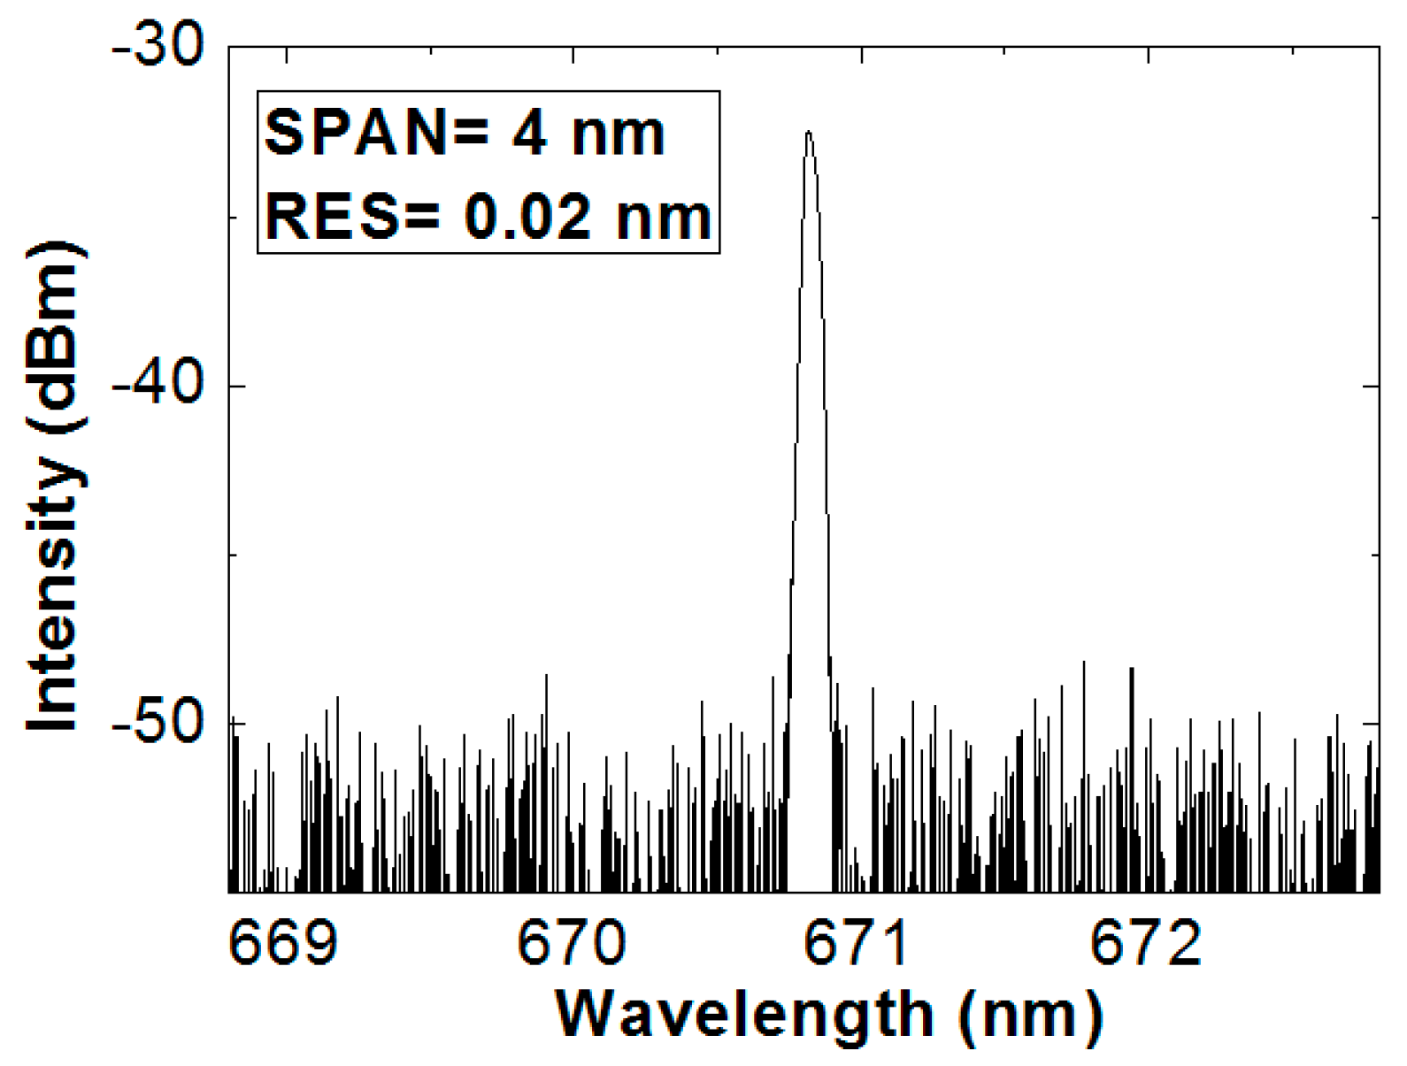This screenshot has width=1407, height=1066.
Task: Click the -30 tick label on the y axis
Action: (158, 44)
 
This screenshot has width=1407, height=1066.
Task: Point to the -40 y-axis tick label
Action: (158, 386)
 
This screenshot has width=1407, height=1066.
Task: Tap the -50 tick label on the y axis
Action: (158, 723)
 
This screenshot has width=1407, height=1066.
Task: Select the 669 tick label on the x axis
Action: (283, 943)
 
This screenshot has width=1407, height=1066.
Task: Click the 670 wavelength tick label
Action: (571, 943)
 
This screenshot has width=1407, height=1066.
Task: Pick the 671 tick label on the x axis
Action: (857, 943)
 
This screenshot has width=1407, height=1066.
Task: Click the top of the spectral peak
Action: (808, 133)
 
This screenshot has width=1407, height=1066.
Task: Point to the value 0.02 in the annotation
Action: (527, 216)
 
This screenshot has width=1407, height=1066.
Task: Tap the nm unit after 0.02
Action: (664, 218)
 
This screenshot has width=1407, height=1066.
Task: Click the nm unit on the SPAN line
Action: (618, 134)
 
